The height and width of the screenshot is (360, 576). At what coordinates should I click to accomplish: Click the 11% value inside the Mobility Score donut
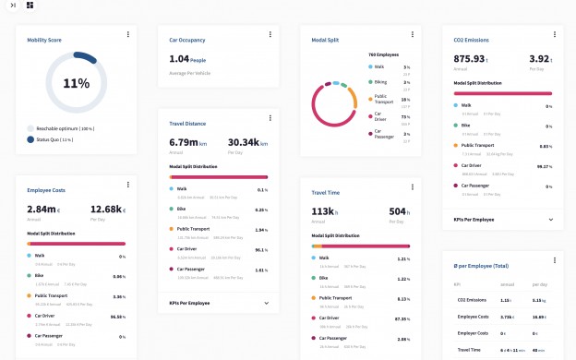pos(76,83)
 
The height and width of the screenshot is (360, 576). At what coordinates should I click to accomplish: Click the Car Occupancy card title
pos(186,40)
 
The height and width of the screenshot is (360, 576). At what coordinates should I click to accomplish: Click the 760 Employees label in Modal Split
pos(383,55)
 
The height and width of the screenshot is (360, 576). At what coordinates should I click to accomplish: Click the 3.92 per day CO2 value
pos(541,59)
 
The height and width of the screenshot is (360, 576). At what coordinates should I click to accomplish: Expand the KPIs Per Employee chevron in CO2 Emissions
pos(551,220)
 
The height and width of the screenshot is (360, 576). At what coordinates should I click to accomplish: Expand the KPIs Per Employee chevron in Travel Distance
pos(266,303)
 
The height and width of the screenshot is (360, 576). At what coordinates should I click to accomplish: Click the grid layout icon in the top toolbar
pos(30,6)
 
